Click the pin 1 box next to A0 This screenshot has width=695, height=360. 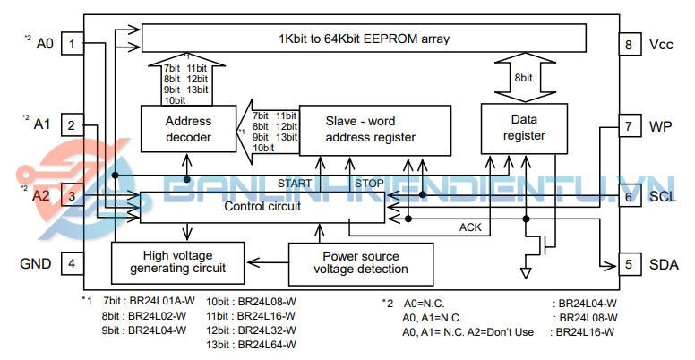[72, 44]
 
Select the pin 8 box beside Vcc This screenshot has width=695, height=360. [629, 44]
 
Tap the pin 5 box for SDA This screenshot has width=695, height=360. [629, 264]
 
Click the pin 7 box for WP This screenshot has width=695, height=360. [629, 126]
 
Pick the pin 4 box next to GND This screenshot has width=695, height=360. [72, 264]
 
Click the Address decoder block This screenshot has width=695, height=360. [188, 129]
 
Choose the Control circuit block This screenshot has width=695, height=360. [262, 207]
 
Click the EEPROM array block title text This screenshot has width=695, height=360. [364, 39]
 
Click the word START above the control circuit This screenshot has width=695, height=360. [294, 184]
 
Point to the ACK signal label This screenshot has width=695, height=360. [470, 227]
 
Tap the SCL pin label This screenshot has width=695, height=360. [664, 196]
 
